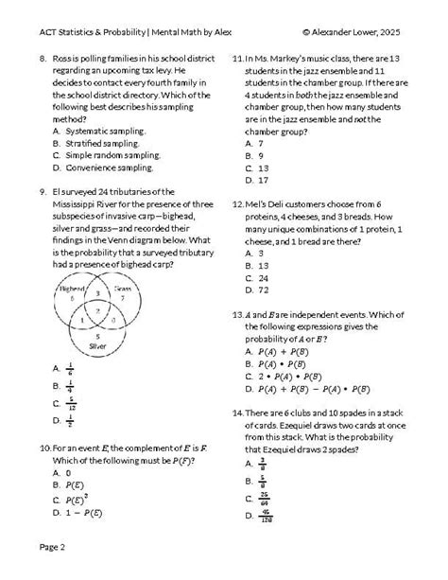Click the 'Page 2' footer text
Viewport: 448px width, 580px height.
[x=51, y=547]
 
